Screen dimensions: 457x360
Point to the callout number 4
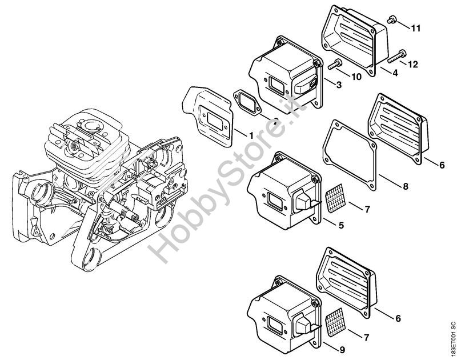(x=394, y=73)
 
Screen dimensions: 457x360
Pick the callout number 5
(x=341, y=226)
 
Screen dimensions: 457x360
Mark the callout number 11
(x=415, y=27)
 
